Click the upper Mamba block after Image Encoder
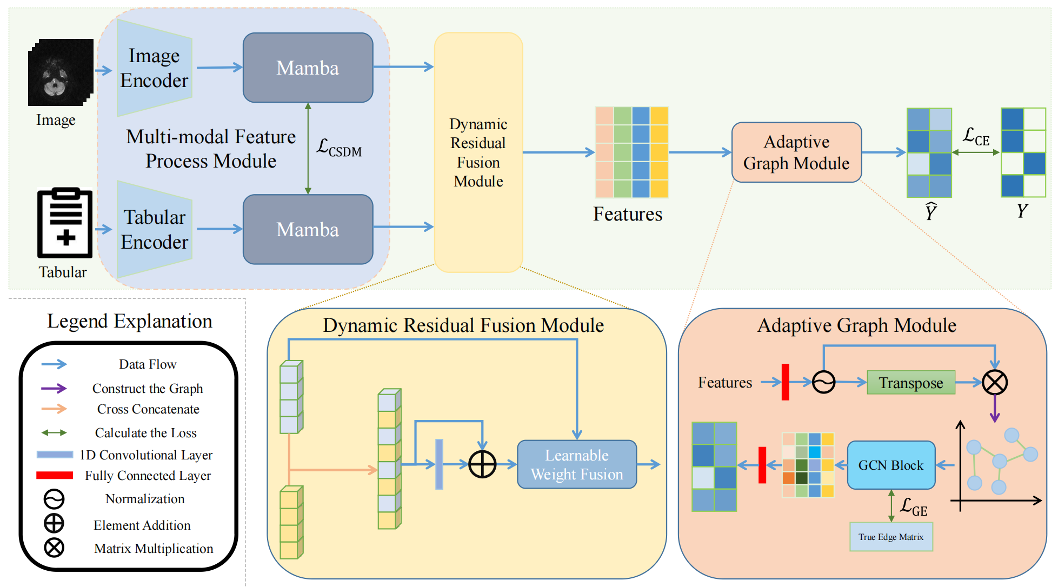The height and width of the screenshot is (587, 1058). [308, 68]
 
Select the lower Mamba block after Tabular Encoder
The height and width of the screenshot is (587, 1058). [308, 229]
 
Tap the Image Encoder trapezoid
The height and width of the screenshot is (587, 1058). [154, 68]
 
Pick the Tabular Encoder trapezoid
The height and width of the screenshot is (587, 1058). [154, 229]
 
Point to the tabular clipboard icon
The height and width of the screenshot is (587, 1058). [65, 223]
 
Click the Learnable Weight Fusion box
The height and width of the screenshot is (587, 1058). [576, 464]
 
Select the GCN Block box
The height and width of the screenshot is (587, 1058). [890, 465]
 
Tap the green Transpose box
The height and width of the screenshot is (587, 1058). [910, 383]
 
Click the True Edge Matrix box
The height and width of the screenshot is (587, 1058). [890, 537]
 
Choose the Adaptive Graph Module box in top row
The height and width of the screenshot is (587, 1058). [796, 152]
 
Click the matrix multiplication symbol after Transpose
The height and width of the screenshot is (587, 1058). [994, 383]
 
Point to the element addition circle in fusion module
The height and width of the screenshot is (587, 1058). [482, 464]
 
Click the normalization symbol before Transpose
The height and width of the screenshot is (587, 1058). [823, 383]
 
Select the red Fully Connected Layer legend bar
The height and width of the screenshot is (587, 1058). [55, 475]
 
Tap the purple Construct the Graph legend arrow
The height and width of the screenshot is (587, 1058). [54, 388]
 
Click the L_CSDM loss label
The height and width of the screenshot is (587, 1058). [339, 147]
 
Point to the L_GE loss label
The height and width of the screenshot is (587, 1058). [913, 507]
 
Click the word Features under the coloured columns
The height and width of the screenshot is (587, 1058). [627, 214]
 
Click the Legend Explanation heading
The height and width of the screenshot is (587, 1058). [130, 321]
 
